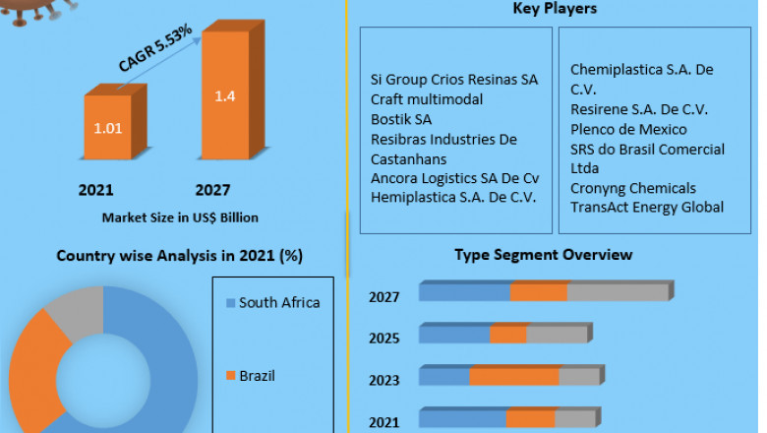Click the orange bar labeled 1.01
(x=108, y=128)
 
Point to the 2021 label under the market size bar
(x=96, y=190)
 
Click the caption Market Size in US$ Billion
(x=180, y=216)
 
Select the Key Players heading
(x=555, y=9)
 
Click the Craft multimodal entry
(x=426, y=99)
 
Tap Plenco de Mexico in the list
(x=628, y=129)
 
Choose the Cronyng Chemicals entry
(x=632, y=188)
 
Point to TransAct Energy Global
(x=647, y=207)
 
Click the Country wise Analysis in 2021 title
(x=180, y=256)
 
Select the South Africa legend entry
(x=278, y=303)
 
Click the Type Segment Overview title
(x=543, y=255)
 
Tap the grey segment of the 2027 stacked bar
(x=618, y=291)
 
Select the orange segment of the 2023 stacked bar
(x=514, y=377)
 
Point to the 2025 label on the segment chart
(x=383, y=339)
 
